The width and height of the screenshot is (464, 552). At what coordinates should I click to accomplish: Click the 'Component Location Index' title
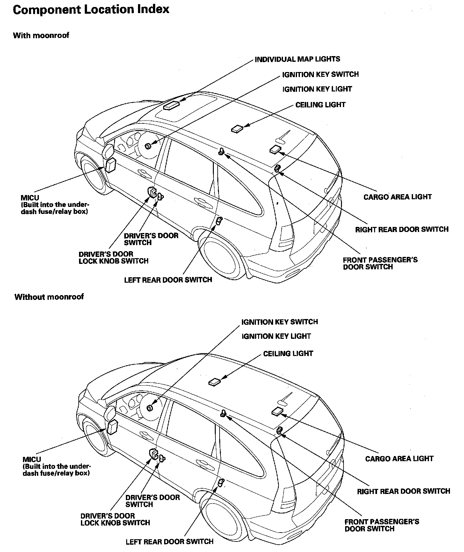[x=91, y=10]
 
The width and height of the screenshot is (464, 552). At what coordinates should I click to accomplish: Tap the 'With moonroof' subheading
[x=41, y=35]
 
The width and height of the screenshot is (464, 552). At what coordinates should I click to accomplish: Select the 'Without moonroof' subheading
[x=49, y=297]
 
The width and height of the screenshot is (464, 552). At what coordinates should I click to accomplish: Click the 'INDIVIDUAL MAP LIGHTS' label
[x=297, y=59]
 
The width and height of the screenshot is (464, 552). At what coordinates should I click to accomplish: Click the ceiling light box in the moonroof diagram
[x=237, y=129]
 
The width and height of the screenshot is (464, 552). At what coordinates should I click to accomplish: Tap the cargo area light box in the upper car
[x=275, y=149]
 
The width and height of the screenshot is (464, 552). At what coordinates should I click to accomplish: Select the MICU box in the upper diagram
[x=111, y=165]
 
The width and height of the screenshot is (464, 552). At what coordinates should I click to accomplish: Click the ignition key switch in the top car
[x=148, y=146]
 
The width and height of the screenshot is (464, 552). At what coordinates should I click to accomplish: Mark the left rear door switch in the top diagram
[x=219, y=221]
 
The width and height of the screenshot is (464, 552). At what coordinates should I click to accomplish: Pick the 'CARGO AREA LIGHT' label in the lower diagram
[x=399, y=459]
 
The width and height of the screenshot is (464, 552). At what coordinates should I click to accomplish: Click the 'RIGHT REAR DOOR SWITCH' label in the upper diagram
[x=402, y=229]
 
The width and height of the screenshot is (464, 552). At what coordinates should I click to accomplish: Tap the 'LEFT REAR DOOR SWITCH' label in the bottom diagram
[x=170, y=541]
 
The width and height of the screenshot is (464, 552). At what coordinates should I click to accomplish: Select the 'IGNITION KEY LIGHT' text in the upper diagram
[x=317, y=89]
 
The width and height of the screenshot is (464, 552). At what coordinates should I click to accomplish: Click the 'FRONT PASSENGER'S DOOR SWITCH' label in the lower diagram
[x=381, y=525]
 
